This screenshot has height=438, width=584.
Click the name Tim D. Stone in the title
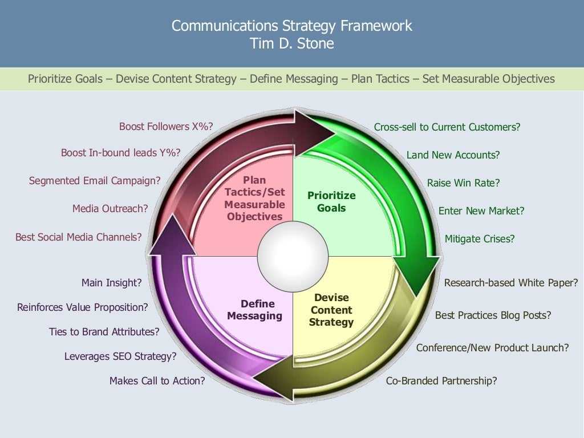[291, 43]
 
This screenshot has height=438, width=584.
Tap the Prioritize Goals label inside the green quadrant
[331, 202]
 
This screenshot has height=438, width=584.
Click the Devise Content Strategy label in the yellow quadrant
[331, 310]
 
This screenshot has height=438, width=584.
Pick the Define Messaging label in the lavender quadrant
[254, 310]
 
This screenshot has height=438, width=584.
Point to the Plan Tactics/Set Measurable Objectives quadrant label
[254, 198]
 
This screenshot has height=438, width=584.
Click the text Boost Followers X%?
[166, 127]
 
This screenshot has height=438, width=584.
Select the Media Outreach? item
[110, 209]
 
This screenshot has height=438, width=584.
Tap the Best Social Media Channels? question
[79, 237]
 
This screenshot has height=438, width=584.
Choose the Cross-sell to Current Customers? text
[447, 127]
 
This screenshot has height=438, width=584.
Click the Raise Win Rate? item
[463, 183]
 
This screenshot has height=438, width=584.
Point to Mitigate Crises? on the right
[479, 239]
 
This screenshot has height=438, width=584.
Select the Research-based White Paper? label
[511, 283]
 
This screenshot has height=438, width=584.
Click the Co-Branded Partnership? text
[441, 381]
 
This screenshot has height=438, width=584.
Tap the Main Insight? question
[111, 282]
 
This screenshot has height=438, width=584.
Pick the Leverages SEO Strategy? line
[120, 356]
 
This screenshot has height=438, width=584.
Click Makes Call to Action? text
[157, 381]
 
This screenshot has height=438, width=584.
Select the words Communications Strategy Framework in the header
[291, 26]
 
